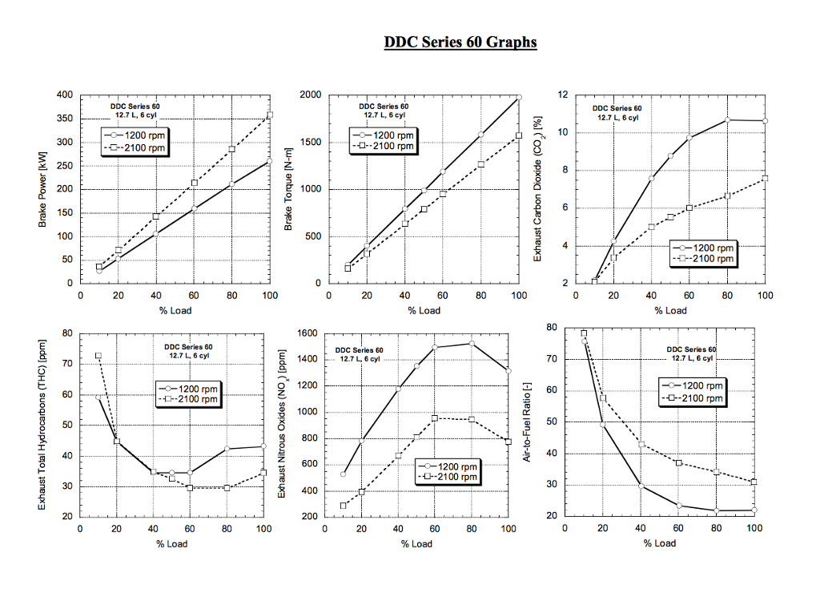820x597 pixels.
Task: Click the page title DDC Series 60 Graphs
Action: [460, 42]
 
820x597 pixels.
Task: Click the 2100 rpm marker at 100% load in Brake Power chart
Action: [270, 115]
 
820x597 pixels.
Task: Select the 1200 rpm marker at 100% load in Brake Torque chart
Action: [519, 97]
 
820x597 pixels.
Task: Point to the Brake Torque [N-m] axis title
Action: [289, 190]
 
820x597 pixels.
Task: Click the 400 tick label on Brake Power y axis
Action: [65, 95]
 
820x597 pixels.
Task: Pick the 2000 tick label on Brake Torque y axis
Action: [311, 95]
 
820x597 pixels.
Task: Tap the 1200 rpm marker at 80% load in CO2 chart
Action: [727, 120]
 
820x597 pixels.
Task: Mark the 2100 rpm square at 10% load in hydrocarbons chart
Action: [98, 356]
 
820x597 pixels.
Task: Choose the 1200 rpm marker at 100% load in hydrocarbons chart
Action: [263, 446]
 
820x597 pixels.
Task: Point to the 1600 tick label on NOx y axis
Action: [309, 333]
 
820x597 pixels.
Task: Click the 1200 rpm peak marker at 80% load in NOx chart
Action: [471, 344]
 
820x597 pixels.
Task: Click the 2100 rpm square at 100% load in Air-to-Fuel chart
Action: [754, 482]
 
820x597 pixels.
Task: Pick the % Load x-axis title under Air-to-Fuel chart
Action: [659, 543]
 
